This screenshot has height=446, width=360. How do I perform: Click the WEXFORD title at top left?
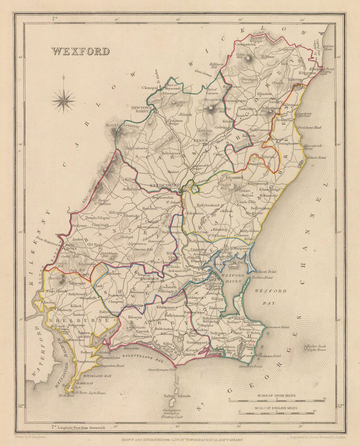coord(80,51)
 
